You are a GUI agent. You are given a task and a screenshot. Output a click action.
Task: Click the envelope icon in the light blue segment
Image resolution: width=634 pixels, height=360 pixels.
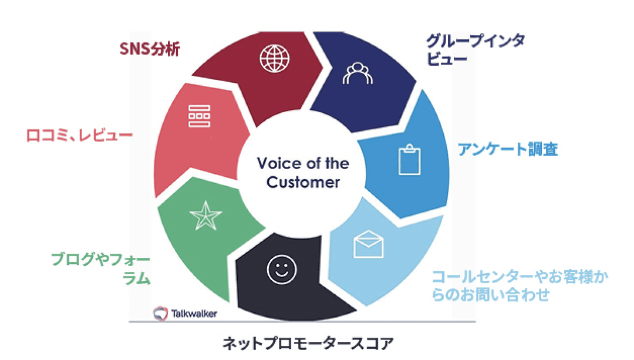click(369, 245)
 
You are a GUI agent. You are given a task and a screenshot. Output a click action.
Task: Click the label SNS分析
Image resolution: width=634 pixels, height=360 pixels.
click(150, 49)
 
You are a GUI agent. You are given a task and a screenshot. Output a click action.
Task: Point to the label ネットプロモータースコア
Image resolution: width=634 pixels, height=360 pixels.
click(308, 343)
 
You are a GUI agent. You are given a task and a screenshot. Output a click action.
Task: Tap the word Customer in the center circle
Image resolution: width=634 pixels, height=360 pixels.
click(303, 182)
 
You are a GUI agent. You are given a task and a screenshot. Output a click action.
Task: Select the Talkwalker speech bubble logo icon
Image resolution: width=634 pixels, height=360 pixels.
click(160, 313)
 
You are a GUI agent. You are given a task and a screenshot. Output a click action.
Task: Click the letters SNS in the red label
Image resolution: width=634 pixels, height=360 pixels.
click(134, 49)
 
